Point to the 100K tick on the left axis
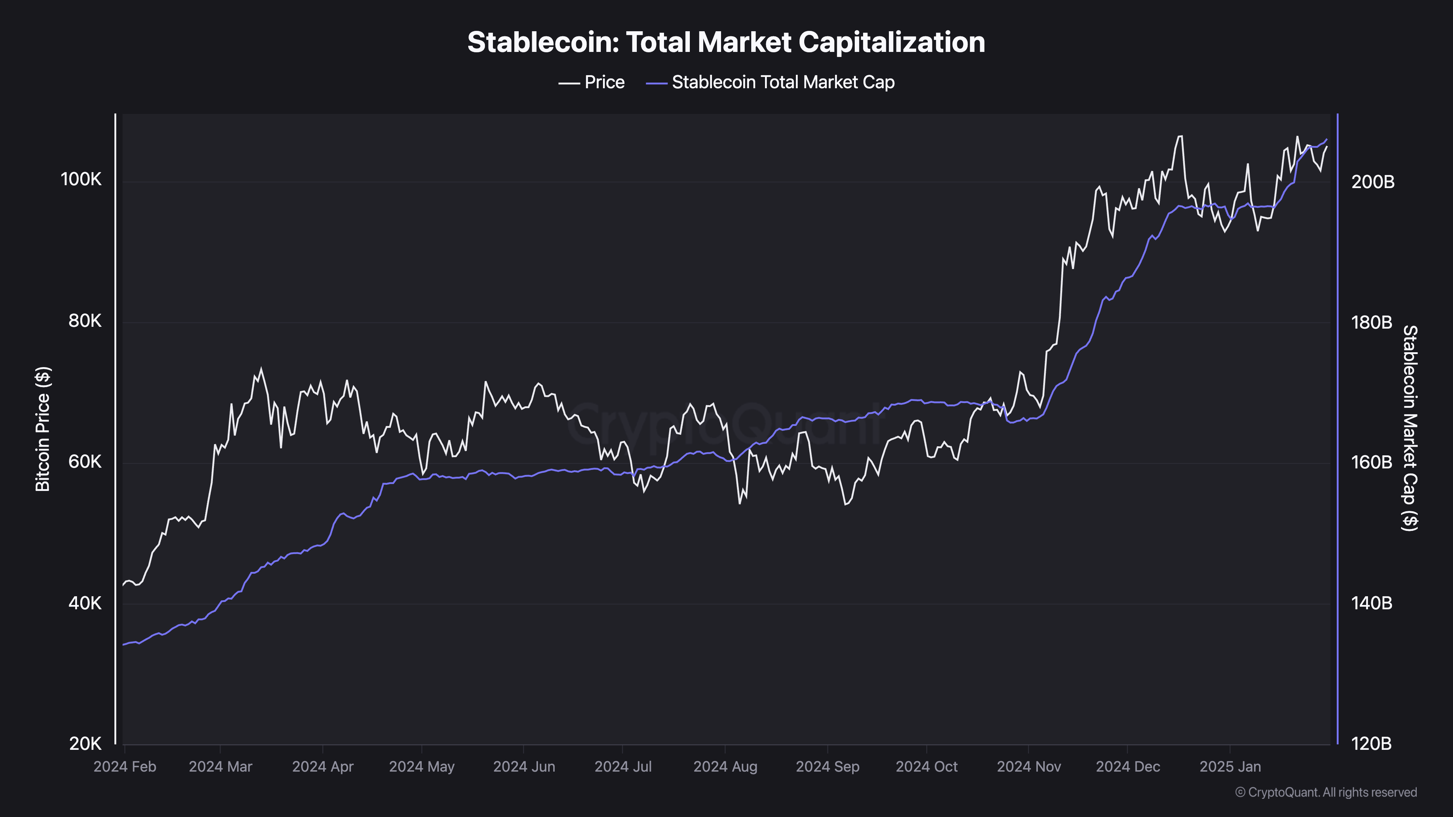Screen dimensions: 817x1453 81,179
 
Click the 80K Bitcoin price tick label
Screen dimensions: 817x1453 85,321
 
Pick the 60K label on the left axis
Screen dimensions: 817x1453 85,462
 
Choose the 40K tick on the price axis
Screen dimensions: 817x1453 85,603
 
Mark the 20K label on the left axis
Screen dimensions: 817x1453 85,744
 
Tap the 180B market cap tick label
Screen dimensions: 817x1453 1372,322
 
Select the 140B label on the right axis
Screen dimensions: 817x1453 1372,603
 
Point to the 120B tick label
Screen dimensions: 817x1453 1372,744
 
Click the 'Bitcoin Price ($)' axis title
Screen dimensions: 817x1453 43,428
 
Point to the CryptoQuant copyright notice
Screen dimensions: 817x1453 1325,792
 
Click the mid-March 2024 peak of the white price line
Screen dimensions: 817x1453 260,369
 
